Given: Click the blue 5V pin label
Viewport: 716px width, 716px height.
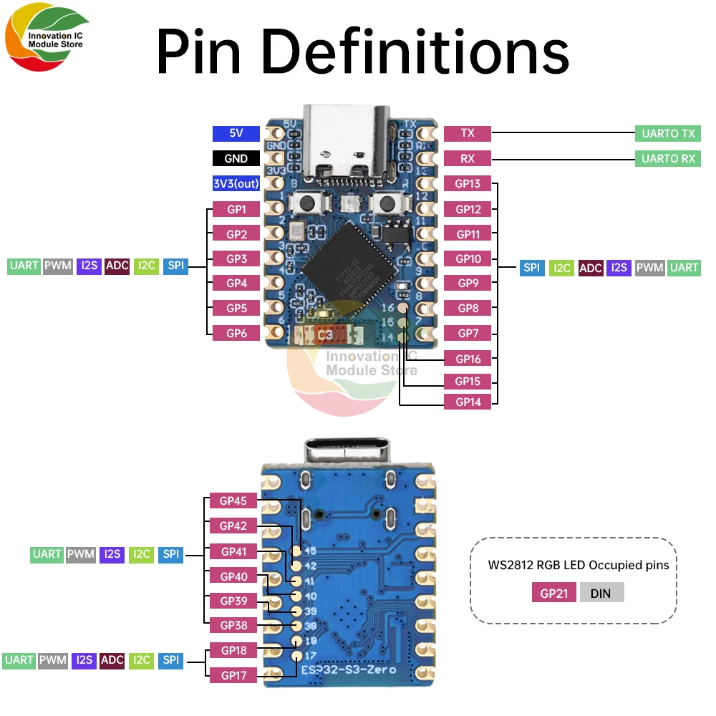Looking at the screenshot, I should [236, 133].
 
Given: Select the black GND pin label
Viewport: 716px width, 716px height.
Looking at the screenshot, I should [236, 158].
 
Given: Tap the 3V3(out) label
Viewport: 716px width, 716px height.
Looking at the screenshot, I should [236, 183].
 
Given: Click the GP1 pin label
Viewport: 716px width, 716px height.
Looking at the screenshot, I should [236, 209].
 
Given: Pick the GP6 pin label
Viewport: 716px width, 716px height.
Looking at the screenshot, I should [236, 333].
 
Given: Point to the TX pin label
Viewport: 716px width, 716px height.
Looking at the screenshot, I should [468, 133].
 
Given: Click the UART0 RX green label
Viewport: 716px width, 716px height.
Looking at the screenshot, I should [667, 158].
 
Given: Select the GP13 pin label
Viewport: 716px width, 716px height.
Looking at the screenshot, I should [468, 183].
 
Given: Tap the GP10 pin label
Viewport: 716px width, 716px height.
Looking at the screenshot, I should [468, 258].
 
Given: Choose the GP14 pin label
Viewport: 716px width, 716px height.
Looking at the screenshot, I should [468, 402].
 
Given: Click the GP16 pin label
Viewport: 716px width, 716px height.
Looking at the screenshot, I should [468, 359].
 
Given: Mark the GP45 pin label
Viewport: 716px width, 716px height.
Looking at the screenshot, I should [233, 501].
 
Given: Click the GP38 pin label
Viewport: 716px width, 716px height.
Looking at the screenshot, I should [233, 625].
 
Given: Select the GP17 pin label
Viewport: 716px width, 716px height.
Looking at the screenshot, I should [233, 674].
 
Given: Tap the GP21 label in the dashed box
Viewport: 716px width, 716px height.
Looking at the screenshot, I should [553, 592].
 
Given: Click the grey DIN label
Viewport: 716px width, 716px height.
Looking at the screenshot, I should [601, 592].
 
